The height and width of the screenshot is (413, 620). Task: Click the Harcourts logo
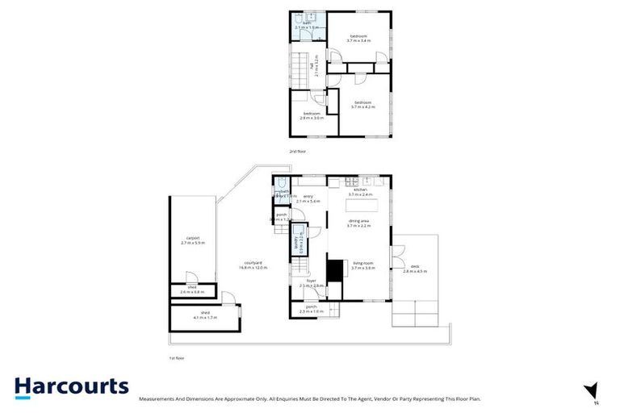pos(71,386)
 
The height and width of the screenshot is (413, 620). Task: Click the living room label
pos(363,265)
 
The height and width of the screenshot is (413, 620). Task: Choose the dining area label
pos(359,223)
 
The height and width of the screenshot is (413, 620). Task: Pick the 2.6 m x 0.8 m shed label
pos(192,290)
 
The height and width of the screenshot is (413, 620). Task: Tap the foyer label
pos(312,283)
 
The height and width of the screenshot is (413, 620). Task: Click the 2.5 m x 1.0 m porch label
pos(312,310)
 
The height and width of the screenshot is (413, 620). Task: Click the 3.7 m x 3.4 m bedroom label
pos(359,38)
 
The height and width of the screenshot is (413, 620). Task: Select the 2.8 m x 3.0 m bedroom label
pos(312,115)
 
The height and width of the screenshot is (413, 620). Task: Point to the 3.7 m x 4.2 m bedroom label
pos(362,104)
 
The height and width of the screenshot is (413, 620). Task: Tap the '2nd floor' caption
pos(298,151)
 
